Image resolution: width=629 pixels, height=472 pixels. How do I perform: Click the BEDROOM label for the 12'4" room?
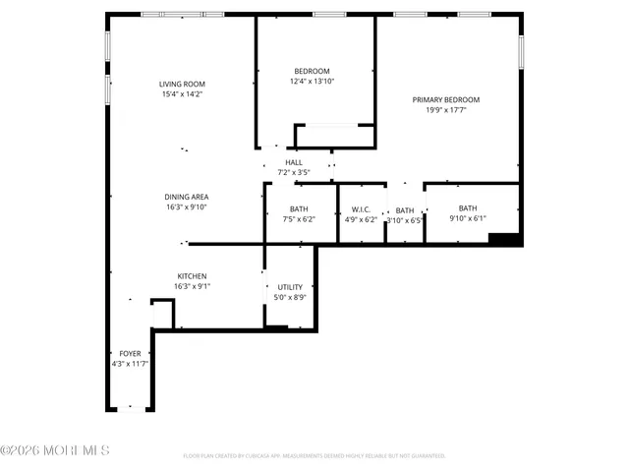[312, 71]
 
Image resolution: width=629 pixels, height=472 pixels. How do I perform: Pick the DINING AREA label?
[186, 197]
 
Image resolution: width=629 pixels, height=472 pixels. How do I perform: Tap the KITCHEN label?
[192, 275]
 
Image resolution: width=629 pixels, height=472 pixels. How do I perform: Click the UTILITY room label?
[290, 286]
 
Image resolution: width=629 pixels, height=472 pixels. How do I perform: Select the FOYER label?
[131, 353]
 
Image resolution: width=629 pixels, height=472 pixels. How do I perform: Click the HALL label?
[294, 162]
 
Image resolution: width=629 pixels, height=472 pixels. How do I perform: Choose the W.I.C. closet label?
[360, 209]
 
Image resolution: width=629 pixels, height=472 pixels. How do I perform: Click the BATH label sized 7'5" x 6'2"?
[299, 208]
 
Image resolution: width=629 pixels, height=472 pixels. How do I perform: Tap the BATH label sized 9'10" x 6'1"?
[467, 207]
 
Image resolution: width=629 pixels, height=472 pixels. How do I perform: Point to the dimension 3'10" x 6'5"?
[404, 220]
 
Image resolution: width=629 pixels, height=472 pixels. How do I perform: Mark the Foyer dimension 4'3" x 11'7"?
[131, 364]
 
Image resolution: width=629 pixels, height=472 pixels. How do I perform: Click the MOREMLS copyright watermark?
[56, 450]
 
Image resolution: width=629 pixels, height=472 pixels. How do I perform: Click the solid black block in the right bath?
[502, 237]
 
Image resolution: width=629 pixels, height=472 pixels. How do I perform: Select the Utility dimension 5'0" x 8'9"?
[290, 297]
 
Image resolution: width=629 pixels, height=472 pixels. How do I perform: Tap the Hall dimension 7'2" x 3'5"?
[294, 173]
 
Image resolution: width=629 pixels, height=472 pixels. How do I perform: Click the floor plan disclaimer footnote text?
[314, 455]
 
